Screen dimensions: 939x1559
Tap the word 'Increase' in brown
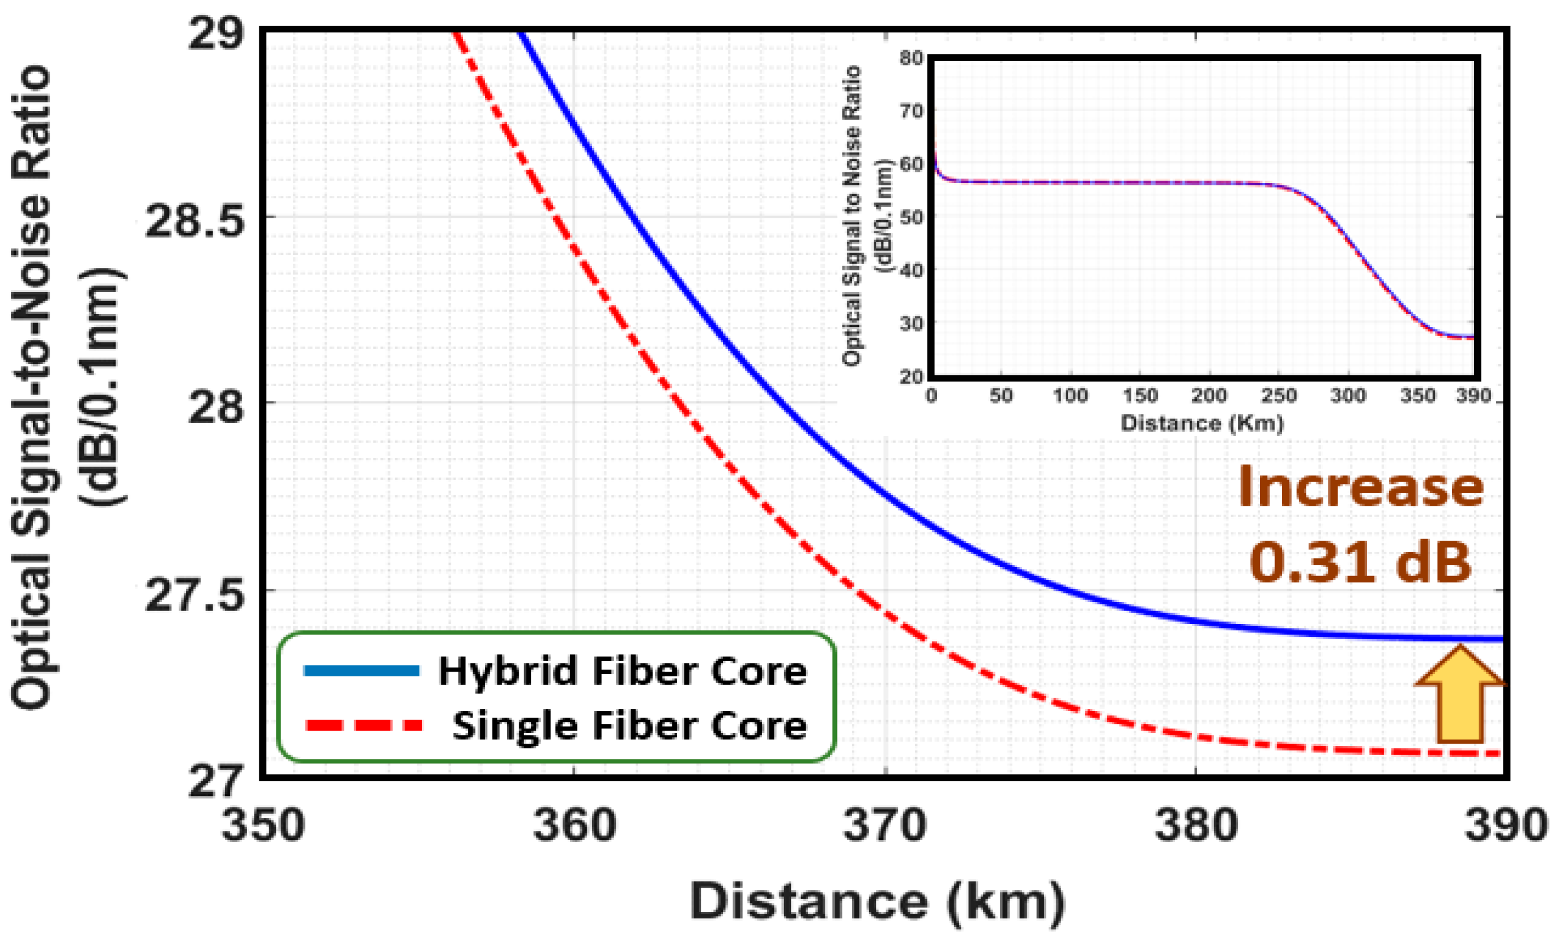[1361, 487]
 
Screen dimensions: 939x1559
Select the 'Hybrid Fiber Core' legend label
[623, 672]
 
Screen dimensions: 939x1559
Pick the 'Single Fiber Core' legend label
[629, 726]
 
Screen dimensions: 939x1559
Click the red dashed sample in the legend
[364, 725]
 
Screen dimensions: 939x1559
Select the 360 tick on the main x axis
[574, 826]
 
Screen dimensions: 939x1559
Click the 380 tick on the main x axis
[1196, 826]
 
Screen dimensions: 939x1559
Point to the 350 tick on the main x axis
[262, 826]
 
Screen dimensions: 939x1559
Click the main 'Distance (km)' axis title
[876, 902]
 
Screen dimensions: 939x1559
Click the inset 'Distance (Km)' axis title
[1202, 423]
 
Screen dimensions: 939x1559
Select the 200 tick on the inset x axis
[1209, 396]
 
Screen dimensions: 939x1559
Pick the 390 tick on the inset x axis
[1473, 396]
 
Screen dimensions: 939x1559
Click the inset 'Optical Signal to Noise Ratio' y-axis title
[852, 215]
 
